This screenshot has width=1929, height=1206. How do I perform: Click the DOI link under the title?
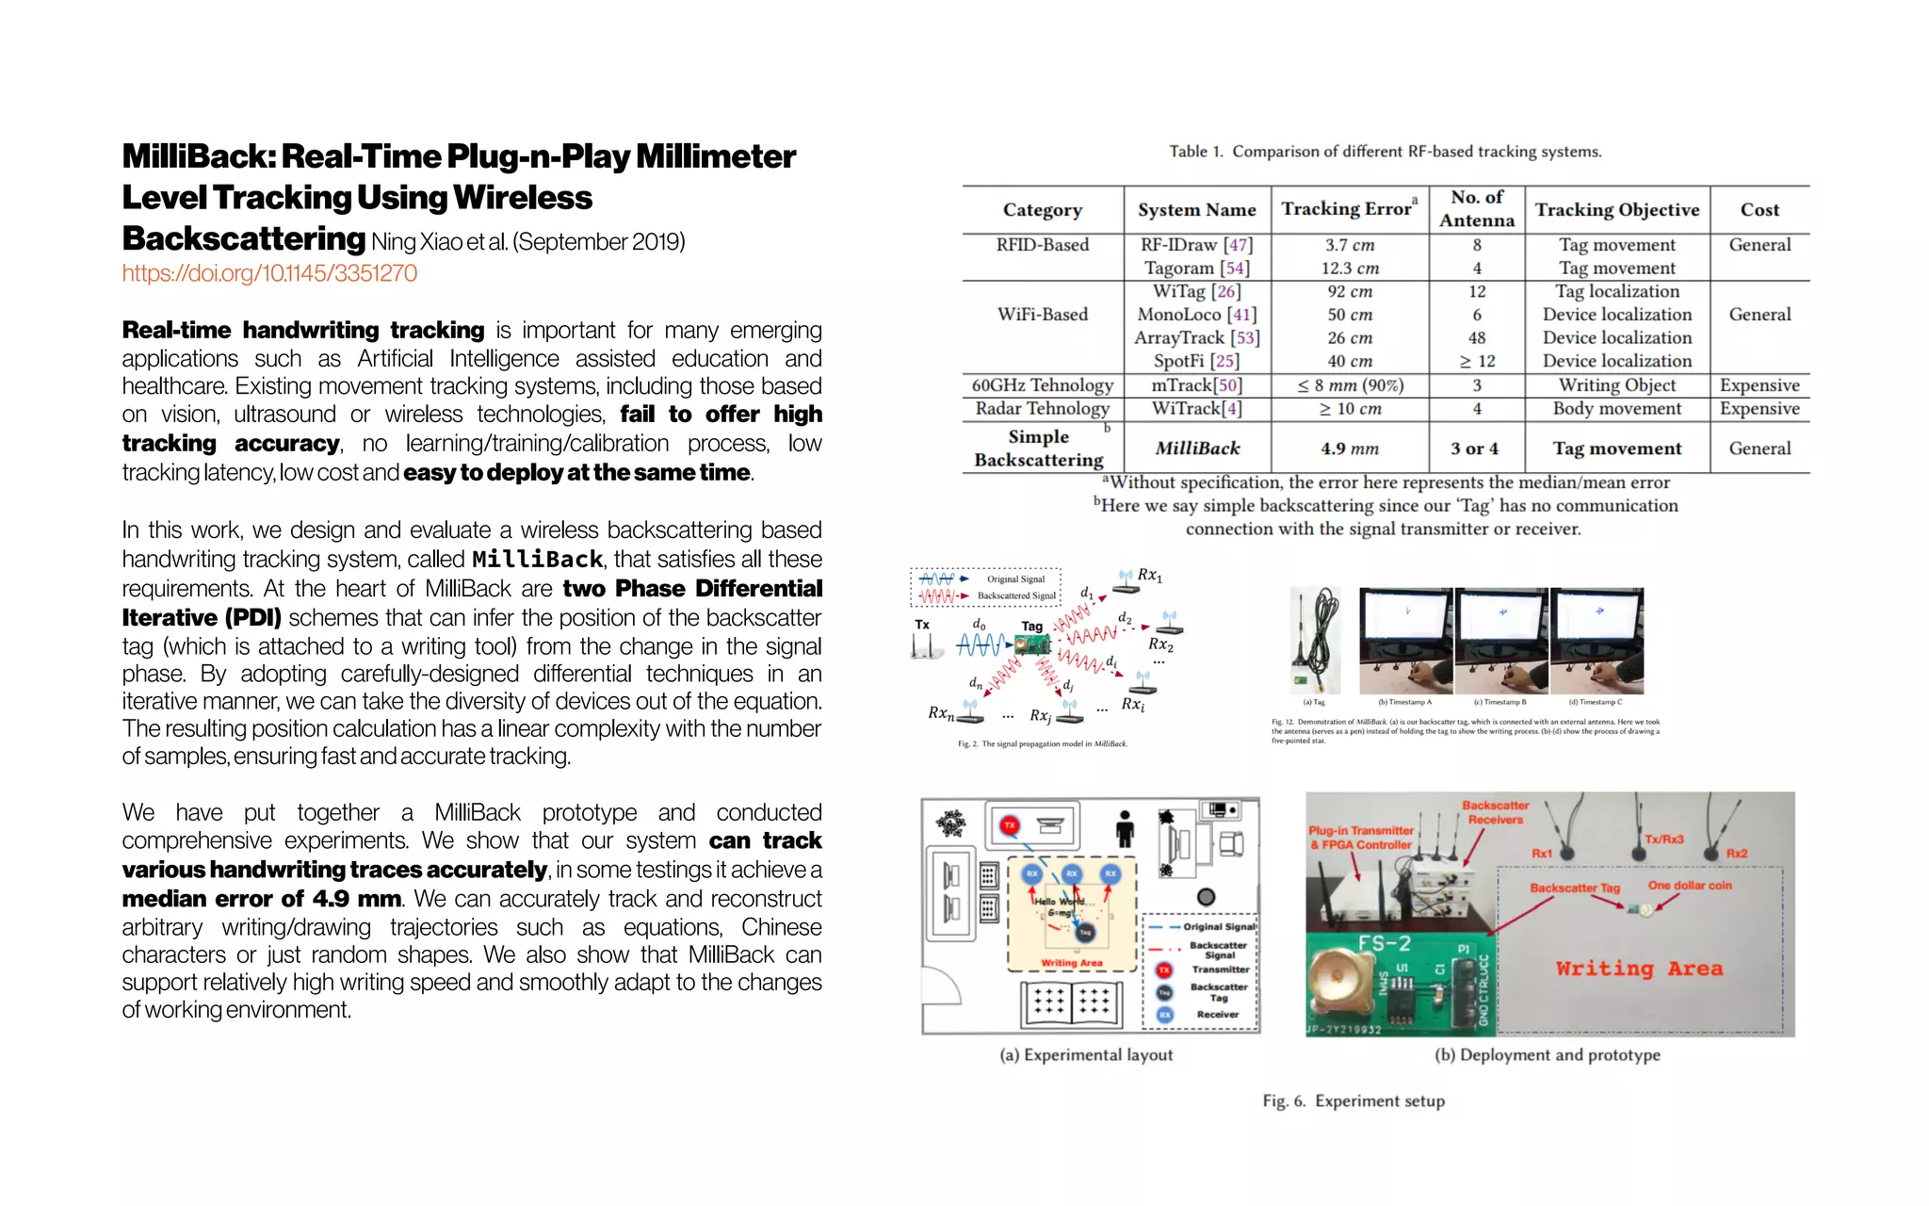269,273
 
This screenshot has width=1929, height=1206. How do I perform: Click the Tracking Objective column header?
1616,210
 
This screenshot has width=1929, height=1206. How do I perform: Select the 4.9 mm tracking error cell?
1349,448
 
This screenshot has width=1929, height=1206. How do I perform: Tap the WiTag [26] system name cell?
1196,291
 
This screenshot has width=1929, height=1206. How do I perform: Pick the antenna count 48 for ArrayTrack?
1476,337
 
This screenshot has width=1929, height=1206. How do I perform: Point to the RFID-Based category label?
1042,245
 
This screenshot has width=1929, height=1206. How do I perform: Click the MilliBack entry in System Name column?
1196,448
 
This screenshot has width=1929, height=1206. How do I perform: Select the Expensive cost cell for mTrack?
1759,385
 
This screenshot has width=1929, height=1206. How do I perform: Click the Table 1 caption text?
1385,152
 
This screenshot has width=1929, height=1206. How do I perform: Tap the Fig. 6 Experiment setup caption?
1353,1100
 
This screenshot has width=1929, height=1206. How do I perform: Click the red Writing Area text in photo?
1639,969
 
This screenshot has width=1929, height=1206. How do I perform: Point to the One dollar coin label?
1689,886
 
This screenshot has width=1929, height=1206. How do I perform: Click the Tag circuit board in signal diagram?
1032,645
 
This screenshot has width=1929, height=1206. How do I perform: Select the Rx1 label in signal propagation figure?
1149,575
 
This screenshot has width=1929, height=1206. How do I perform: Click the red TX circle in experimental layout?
1010,825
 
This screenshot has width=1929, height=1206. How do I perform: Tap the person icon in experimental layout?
1124,828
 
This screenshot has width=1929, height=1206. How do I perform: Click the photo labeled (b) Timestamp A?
1405,641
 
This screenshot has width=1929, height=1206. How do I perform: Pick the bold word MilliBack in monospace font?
537,560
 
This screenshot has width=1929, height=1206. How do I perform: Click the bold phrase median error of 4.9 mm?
261,899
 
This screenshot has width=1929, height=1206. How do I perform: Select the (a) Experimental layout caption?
1086,1055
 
